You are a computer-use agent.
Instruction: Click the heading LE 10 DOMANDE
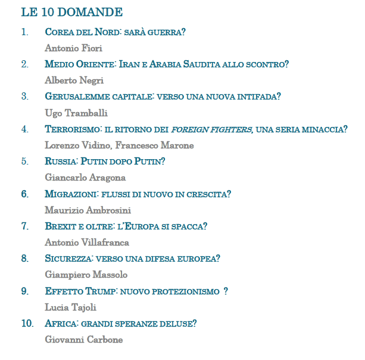71,12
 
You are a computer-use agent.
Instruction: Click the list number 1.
24,32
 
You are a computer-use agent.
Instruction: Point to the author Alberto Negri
74,80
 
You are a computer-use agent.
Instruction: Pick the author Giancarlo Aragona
85,177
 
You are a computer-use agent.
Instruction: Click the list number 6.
24,194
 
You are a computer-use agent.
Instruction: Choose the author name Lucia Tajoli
70,307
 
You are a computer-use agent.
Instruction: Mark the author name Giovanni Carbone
84,340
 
